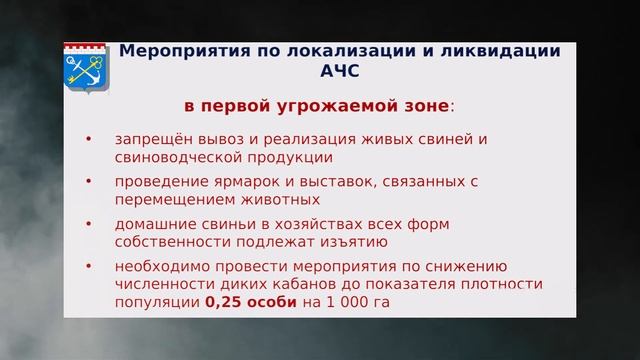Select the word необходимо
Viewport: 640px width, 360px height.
tap(160, 267)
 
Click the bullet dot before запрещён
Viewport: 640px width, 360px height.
tap(88, 139)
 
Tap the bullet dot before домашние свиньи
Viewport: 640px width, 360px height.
tap(88, 224)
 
